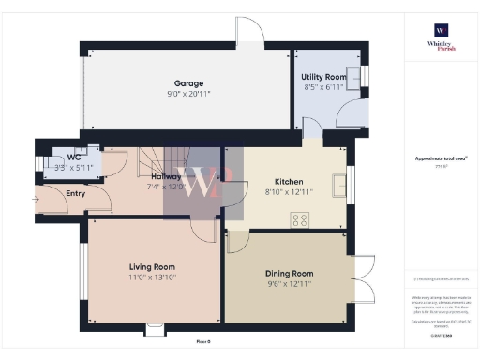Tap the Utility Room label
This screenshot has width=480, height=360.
coord(323,76)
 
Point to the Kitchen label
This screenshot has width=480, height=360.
coord(287,182)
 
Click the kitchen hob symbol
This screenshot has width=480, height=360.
coord(301,220)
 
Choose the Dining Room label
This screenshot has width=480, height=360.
coord(290,273)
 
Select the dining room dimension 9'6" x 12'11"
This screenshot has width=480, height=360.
coord(290,283)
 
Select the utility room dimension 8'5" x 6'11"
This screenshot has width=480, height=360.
coord(323,86)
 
